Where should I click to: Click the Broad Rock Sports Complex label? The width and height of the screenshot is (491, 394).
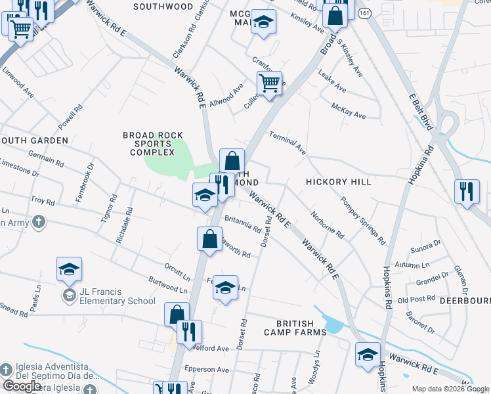[x=153, y=144]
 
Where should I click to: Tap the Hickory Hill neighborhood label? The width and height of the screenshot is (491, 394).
[x=338, y=181]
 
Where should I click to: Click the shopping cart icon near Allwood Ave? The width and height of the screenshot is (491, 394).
[x=269, y=83]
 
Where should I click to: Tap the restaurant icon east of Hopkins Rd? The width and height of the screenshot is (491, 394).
[x=467, y=191]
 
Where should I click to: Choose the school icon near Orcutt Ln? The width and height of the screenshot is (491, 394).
[x=226, y=287]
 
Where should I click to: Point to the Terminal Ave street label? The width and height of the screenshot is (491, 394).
[x=288, y=142]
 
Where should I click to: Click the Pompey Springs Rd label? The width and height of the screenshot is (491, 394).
[x=362, y=220]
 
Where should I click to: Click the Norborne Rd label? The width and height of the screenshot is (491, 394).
[x=328, y=224]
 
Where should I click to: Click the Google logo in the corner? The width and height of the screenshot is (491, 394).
[x=22, y=386]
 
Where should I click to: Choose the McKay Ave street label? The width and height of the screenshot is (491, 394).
[x=349, y=110]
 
